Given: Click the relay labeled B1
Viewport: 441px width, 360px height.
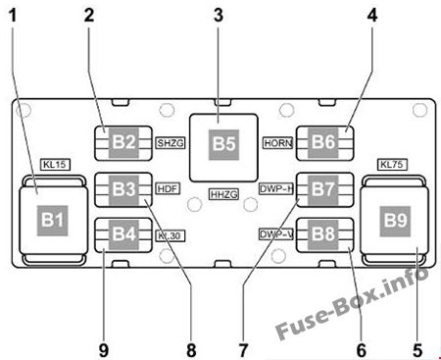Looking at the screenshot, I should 52,219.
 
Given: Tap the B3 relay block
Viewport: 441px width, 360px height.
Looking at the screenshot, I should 123,186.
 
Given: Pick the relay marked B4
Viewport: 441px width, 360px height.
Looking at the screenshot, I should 123,234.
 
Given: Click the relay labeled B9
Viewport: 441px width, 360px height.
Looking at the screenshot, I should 394,220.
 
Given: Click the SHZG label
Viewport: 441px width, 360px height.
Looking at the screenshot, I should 170,143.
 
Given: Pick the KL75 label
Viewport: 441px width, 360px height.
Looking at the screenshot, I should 392,164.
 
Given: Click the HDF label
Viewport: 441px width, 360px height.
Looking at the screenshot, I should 168,187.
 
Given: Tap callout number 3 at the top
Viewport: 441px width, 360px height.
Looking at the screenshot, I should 219,14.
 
